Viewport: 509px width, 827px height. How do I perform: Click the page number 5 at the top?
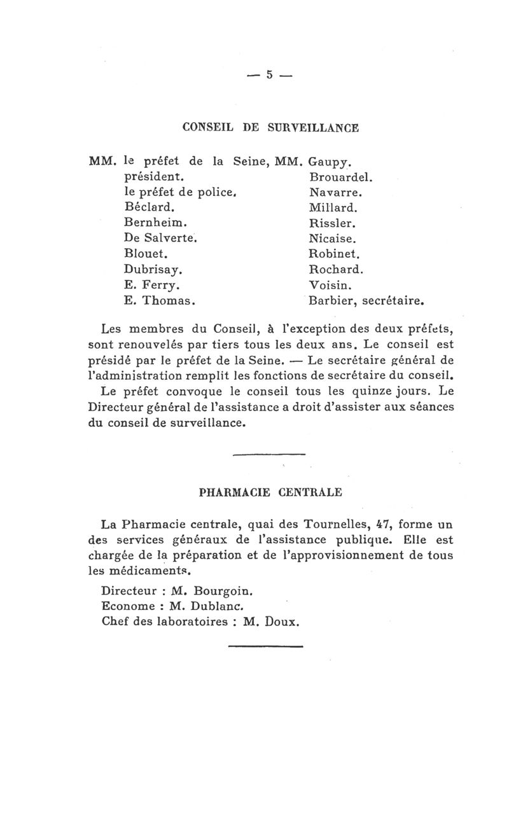270,74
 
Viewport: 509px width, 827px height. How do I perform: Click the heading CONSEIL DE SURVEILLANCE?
270,127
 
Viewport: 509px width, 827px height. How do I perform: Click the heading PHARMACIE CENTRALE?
270,492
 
